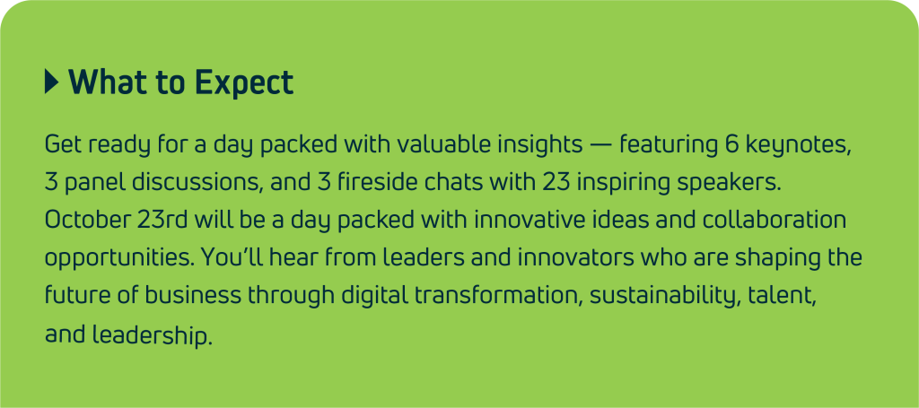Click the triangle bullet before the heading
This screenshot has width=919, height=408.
(51, 82)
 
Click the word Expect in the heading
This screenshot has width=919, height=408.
(244, 82)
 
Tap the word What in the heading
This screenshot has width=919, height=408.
(108, 82)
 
